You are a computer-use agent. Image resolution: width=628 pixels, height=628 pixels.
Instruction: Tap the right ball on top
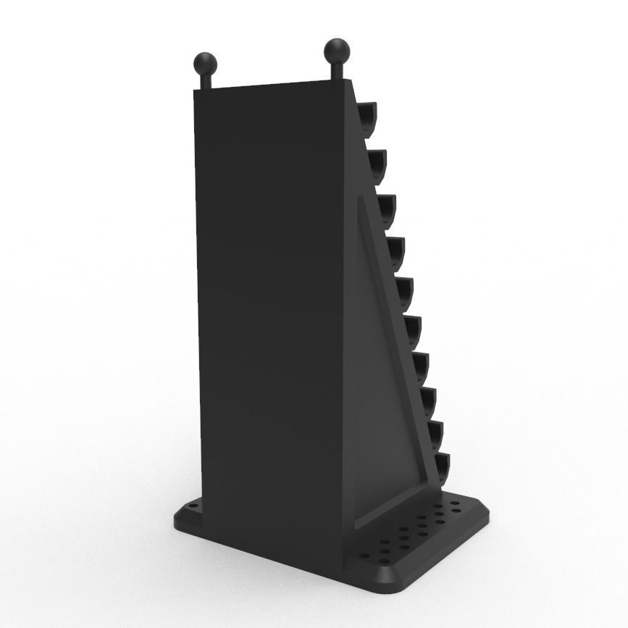click(x=337, y=51)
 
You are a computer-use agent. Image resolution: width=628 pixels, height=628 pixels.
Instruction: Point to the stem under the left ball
click(x=205, y=80)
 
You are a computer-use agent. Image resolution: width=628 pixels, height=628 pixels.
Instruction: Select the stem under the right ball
click(x=337, y=72)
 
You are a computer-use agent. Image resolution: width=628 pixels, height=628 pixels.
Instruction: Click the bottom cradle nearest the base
click(x=440, y=468)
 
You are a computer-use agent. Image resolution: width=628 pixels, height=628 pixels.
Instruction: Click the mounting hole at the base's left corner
click(x=193, y=507)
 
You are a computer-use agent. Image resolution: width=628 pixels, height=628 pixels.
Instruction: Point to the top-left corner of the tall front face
click(x=196, y=92)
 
